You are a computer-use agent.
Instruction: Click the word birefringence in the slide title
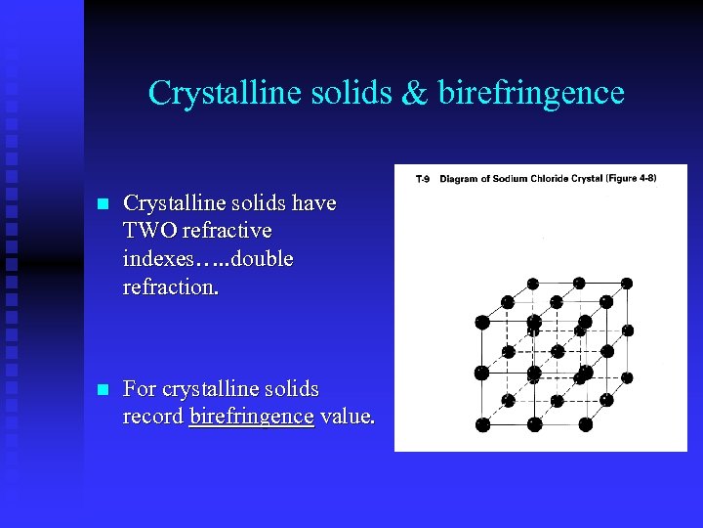tap(531, 93)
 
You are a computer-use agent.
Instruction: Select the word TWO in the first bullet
tap(147, 232)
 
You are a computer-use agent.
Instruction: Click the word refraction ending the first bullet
tap(170, 288)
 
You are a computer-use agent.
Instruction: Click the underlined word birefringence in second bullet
tap(252, 417)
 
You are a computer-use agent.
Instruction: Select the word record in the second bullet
tap(153, 417)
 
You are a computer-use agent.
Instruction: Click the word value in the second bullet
tap(346, 417)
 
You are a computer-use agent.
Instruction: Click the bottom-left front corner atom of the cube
tap(483, 424)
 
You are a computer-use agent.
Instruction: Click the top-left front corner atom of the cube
tap(482, 322)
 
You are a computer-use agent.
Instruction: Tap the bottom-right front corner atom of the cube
tap(586, 424)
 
